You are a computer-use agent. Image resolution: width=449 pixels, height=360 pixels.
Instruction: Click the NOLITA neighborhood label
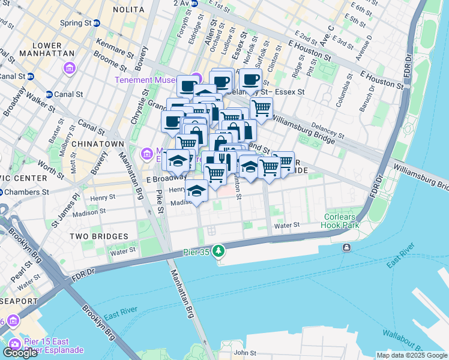pyautogui.click(x=128, y=10)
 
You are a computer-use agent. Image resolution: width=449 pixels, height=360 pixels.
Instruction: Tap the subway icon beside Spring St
pyautogui.click(x=96, y=23)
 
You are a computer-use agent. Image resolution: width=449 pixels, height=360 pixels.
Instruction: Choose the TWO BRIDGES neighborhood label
pyautogui.click(x=98, y=236)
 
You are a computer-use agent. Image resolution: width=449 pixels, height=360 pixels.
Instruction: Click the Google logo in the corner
pyautogui.click(x=20, y=353)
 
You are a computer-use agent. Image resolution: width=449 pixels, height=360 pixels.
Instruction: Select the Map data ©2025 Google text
pyautogui.click(x=411, y=356)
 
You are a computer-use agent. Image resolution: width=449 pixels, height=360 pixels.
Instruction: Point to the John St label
pyautogui.click(x=245, y=353)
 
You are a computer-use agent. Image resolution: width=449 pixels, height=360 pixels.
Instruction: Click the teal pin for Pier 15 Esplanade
pyautogui.click(x=15, y=344)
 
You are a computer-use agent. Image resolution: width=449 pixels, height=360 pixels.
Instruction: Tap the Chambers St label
pyautogui.click(x=29, y=192)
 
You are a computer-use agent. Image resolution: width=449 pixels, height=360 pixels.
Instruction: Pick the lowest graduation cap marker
pyautogui.click(x=196, y=191)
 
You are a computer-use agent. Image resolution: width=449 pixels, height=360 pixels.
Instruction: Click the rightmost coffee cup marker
pyautogui.click(x=250, y=79)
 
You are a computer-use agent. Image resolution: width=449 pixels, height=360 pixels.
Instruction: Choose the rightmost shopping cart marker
pyautogui.click(x=283, y=162)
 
